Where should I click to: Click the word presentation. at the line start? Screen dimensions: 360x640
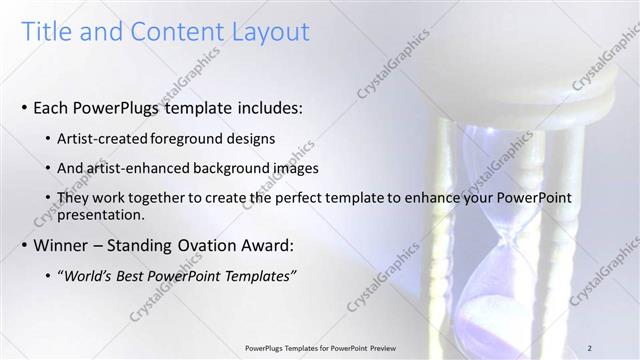point(103,214)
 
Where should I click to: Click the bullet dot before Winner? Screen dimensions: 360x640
point(23,246)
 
